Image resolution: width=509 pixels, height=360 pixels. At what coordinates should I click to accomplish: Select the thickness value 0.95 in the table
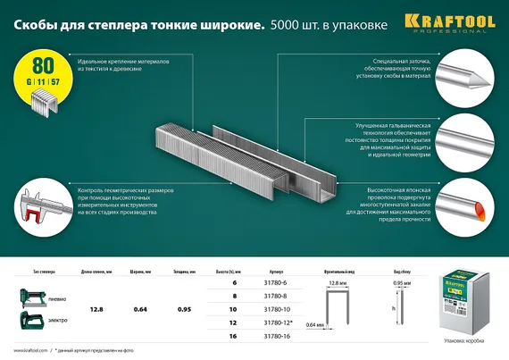tap(185, 310)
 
